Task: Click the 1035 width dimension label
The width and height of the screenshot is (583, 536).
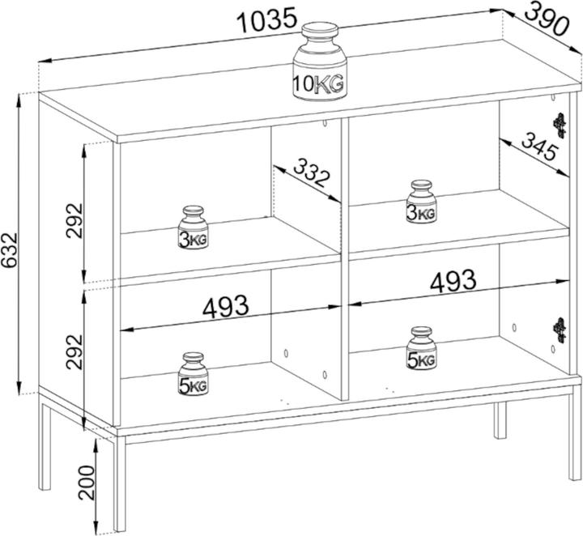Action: pos(267,21)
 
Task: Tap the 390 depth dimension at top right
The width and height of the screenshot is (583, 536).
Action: pos(547,19)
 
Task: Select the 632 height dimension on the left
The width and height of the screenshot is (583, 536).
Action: pos(9,250)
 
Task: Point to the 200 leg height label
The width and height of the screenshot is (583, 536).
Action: pos(87,483)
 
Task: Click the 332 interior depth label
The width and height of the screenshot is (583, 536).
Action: pos(312,172)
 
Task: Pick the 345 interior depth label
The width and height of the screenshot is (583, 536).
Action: pos(540,147)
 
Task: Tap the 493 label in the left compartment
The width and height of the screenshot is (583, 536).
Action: pos(225,307)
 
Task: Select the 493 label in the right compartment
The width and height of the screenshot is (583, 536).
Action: pos(453,281)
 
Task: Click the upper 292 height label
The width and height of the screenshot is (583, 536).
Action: pos(74,220)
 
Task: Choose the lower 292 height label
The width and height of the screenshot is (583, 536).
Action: pos(74,351)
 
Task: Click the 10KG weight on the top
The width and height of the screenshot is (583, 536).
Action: pos(320,62)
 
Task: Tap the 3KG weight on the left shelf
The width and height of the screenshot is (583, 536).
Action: pos(193,228)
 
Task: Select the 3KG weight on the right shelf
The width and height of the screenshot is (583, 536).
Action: pos(421,202)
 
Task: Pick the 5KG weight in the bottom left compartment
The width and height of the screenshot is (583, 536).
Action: pos(193,374)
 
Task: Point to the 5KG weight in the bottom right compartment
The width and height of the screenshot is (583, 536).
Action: pos(421,348)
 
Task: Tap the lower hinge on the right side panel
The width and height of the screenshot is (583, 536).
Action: pos(560,330)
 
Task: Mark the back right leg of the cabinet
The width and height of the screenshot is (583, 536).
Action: pos(500,420)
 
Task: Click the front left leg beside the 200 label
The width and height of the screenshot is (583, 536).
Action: pos(119,483)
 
